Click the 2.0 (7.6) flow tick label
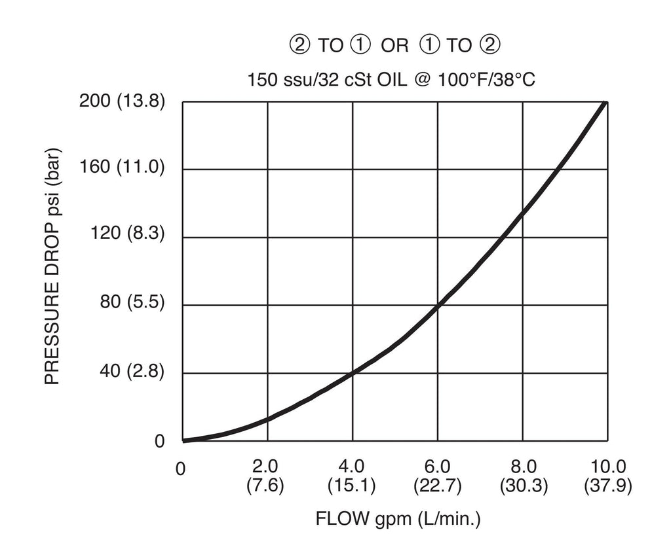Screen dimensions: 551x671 pos(265,476)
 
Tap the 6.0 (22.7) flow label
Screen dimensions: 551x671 pos(437,476)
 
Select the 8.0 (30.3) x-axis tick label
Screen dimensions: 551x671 pos(523,476)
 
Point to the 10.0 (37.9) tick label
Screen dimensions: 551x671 pos(607,476)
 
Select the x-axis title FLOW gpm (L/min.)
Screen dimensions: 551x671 pos(398,520)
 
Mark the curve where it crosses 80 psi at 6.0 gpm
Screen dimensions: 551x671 pos(438,305)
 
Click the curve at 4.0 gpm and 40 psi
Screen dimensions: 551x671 pos(353,373)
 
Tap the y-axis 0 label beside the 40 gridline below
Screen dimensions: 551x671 pos(159,442)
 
